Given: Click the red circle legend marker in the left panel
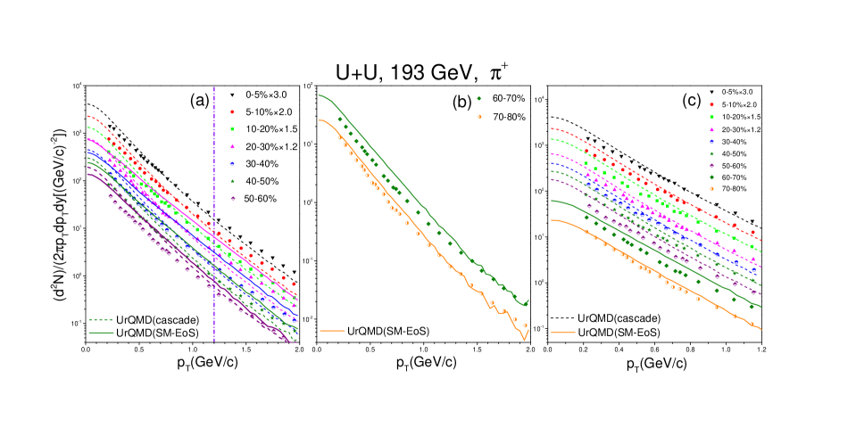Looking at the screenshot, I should [x=232, y=112].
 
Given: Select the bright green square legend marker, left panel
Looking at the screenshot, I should [x=232, y=129].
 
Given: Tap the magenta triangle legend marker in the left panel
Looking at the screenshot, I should [x=232, y=146].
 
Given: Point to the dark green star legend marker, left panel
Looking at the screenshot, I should [x=232, y=181].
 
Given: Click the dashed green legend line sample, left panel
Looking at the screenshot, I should [x=101, y=319].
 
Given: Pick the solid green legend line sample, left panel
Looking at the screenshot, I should [x=101, y=333].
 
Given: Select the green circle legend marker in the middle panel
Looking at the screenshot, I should [x=478, y=99].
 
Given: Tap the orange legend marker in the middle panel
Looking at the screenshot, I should [x=479, y=117].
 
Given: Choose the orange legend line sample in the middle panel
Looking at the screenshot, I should [x=332, y=331].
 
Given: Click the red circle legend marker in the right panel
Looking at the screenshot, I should [x=711, y=105].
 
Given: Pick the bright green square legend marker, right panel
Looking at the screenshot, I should [x=711, y=117].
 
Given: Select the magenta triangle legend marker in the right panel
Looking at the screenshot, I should [x=711, y=129].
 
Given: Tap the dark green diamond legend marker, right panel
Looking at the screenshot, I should [x=711, y=177].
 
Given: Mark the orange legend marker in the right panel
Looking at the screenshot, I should [x=711, y=189].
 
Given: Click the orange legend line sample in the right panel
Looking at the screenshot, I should [x=562, y=332].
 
